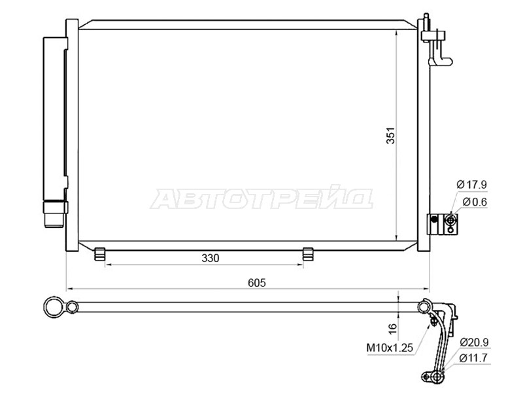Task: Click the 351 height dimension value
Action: (390, 136)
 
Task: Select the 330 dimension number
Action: (211, 258)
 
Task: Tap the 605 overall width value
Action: (257, 283)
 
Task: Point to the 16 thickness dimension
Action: (393, 328)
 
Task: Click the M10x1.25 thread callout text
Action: (390, 348)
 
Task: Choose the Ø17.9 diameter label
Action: (471, 185)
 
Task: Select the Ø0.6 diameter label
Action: (475, 202)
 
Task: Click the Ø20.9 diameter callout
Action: (474, 342)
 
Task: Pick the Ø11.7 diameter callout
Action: (473, 358)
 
